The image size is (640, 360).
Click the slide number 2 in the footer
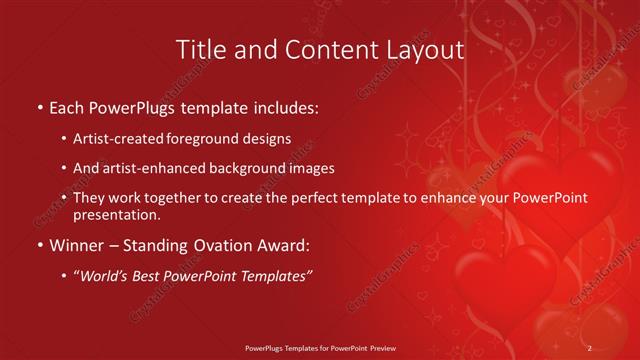590,348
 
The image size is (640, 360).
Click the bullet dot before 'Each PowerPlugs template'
38,107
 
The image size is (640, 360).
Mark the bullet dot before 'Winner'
38,245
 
